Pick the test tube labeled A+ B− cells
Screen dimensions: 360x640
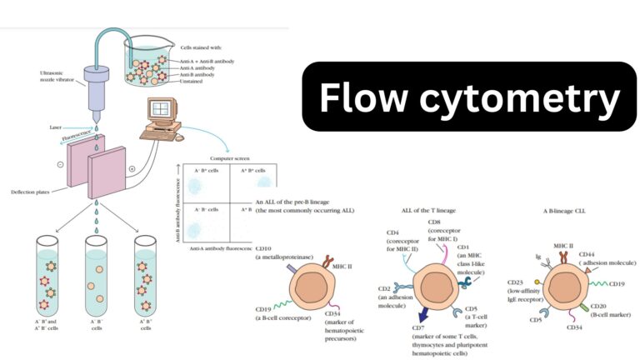click(x=147, y=275)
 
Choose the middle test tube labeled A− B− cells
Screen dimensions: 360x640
click(x=97, y=275)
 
